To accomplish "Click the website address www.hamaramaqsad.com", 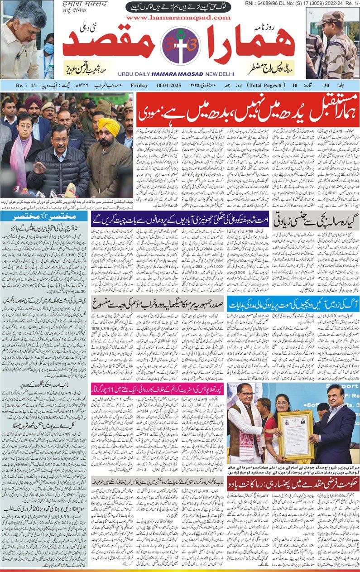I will (x=178, y=18).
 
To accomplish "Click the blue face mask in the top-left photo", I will (x=49, y=48).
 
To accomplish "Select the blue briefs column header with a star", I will (x=45, y=217).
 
